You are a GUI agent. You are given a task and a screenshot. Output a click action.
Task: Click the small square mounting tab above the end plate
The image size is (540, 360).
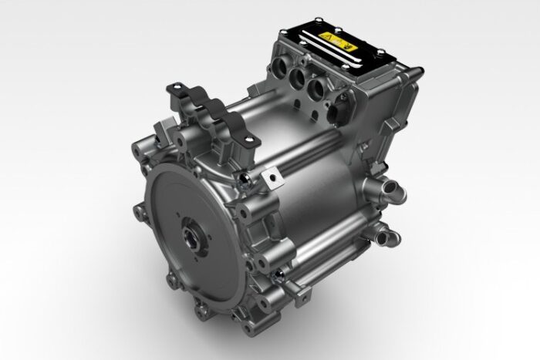(272, 180)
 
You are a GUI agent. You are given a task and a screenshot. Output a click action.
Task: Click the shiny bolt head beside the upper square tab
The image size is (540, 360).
(246, 183)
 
